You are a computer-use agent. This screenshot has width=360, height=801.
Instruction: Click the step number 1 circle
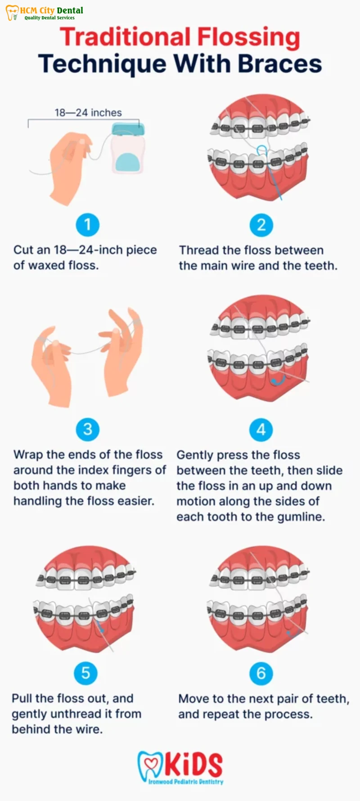pyautogui.click(x=87, y=224)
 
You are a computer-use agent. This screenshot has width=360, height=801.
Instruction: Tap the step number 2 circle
pyautogui.click(x=261, y=224)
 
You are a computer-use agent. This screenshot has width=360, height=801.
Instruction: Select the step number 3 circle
pyautogui.click(x=87, y=429)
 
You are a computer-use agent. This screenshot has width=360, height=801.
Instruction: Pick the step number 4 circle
pyautogui.click(x=261, y=430)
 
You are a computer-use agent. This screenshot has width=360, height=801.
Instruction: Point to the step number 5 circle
pyautogui.click(x=86, y=673)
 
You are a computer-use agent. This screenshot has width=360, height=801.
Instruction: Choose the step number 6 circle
pyautogui.click(x=261, y=673)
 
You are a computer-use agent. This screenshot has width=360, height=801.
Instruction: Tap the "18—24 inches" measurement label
pyautogui.click(x=88, y=112)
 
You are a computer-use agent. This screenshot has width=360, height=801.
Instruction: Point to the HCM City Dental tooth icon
pyautogui.click(x=12, y=13)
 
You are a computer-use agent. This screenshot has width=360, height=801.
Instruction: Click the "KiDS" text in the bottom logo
pyautogui.click(x=193, y=765)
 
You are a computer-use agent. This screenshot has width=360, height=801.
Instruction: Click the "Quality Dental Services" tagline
pyautogui.click(x=49, y=18)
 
